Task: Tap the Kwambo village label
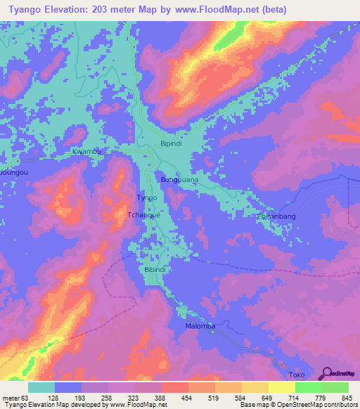click(x=87, y=151)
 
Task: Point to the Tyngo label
click(x=146, y=198)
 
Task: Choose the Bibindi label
click(x=155, y=270)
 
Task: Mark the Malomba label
click(x=199, y=327)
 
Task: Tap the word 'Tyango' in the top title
click(x=22, y=10)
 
